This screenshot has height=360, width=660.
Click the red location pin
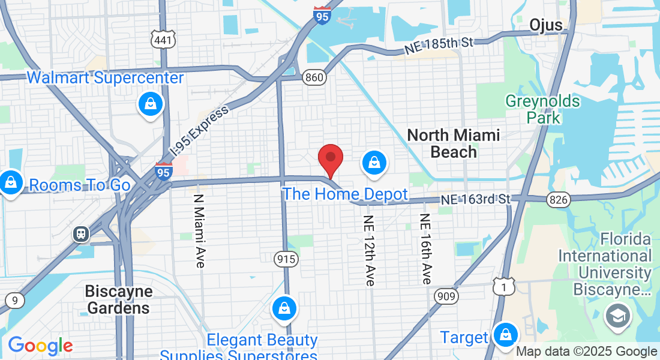point(330,160)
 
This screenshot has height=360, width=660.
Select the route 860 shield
point(314,77)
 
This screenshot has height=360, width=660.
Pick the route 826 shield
point(558,200)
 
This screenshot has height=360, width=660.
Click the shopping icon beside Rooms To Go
point(10,182)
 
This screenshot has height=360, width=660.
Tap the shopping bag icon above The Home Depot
point(374,163)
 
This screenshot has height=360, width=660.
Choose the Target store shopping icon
point(506,334)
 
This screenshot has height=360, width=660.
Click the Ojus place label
point(546,25)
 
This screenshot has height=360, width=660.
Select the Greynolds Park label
point(543,109)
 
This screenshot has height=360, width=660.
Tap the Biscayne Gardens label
point(118,300)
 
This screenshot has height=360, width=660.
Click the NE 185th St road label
point(439,46)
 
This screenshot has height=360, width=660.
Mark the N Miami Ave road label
point(200,231)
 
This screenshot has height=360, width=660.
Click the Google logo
point(40,346)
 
